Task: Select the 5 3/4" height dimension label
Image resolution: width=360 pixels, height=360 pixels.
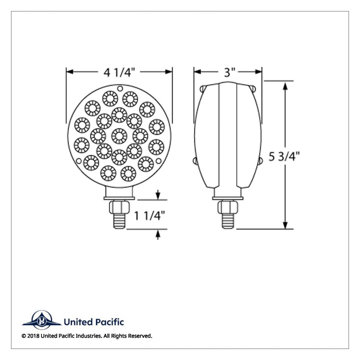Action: click(x=284, y=157)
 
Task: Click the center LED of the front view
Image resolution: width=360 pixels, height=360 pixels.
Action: click(x=119, y=136)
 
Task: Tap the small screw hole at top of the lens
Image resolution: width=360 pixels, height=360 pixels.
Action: click(x=120, y=88)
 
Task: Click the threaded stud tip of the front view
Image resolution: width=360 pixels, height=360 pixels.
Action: click(x=119, y=222)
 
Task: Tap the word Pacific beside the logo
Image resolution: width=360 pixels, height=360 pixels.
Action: click(x=110, y=322)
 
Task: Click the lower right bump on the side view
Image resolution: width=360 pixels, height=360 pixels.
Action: click(x=260, y=162)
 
